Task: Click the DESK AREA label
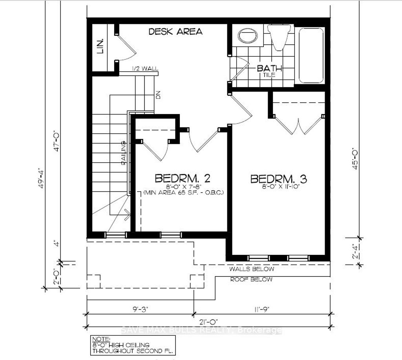[x=175, y=32]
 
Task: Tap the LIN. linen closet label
[x=100, y=46]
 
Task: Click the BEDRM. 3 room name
[x=279, y=179]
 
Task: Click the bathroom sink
[x=249, y=36]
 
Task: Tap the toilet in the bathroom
[x=280, y=37]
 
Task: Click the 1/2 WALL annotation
[x=145, y=69]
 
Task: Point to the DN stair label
[x=158, y=95]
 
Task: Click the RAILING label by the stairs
[x=123, y=153]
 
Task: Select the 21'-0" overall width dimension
[x=208, y=322]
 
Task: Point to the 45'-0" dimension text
[x=354, y=158]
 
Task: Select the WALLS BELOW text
[x=251, y=269]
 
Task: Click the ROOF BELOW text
[x=251, y=280]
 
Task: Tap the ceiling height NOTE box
[x=132, y=345]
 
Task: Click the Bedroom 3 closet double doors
[x=298, y=125]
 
